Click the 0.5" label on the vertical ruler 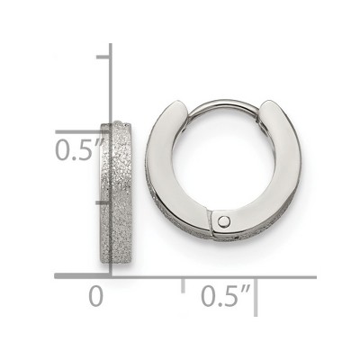[80, 149]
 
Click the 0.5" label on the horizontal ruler [226, 295]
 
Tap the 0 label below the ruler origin [96, 296]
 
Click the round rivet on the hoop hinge [223, 221]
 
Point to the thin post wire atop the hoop [223, 103]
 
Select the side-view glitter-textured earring [116, 193]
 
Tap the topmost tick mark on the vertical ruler [103, 57]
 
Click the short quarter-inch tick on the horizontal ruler [183, 285]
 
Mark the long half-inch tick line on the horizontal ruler [256, 297]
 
